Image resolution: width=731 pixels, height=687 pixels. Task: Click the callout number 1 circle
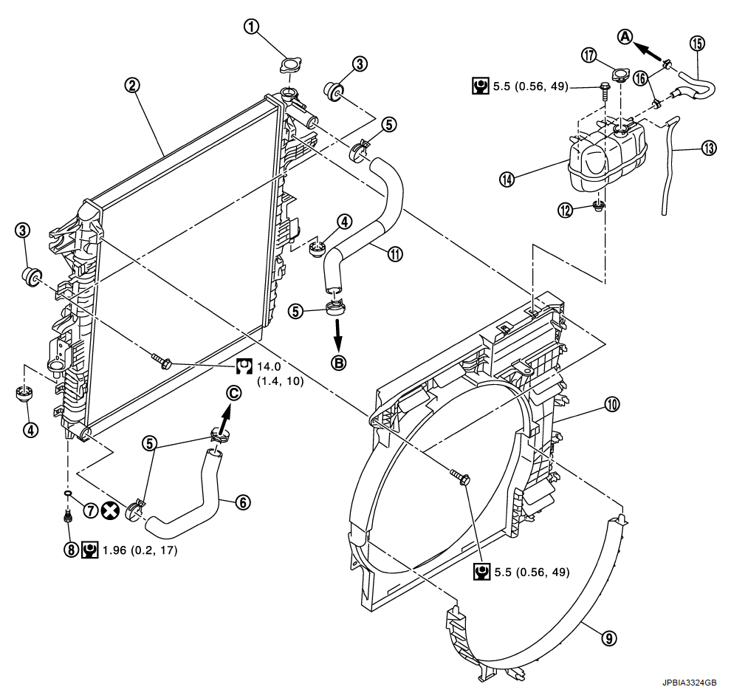253,27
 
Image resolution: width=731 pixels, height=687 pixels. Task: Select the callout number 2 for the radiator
132,85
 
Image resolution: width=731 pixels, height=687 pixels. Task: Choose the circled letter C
233,394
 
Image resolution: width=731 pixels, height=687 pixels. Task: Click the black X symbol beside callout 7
111,510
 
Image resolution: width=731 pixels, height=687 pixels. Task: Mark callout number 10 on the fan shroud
611,404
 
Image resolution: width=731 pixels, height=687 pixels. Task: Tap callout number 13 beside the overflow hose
708,148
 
